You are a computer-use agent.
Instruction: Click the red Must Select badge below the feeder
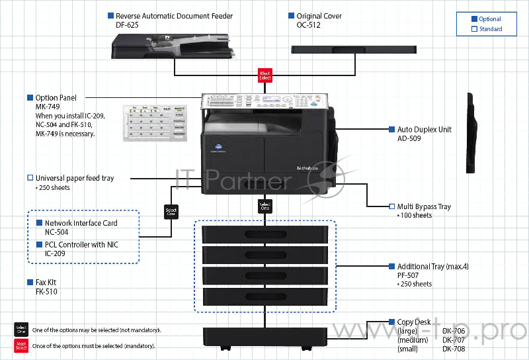[x=264, y=75]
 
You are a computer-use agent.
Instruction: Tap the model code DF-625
[x=127, y=24]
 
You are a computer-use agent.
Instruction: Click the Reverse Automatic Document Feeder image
[x=174, y=44]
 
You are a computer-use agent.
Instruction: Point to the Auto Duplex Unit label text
[x=424, y=130]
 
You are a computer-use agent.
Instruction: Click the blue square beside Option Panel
[x=30, y=98]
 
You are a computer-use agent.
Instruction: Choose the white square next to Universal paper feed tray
[x=30, y=178]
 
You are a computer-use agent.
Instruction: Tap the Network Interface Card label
[x=81, y=224]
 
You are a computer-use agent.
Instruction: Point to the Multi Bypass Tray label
[x=424, y=206]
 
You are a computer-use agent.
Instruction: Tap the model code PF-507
[x=408, y=275]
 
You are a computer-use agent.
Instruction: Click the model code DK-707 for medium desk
[x=454, y=339]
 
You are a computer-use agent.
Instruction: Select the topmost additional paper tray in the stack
[x=265, y=235]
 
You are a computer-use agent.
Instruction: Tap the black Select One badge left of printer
[x=171, y=212]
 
